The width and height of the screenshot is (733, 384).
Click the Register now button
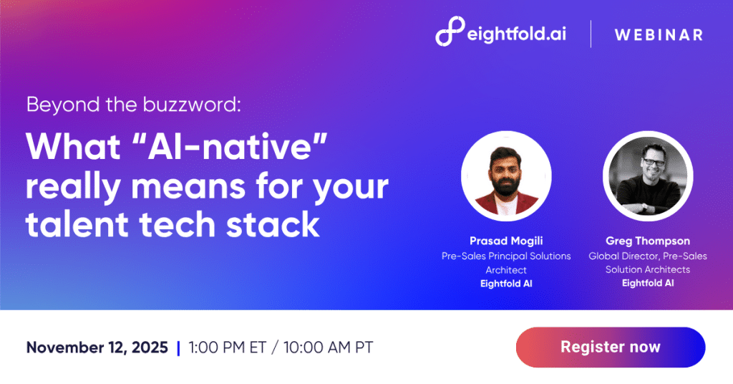coord(610,347)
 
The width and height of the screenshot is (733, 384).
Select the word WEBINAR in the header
coord(658,34)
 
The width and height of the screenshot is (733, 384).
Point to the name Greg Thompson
coord(648,242)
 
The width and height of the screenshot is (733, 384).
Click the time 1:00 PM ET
coord(227,348)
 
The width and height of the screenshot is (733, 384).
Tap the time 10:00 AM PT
coord(328,348)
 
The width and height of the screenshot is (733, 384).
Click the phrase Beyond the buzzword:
coord(133,105)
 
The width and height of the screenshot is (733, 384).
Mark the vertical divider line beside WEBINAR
coord(591,34)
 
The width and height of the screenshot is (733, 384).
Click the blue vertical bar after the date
coord(178,348)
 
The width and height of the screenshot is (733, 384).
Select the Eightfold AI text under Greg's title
coord(648,283)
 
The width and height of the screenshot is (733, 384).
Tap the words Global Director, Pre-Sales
coord(648,256)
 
